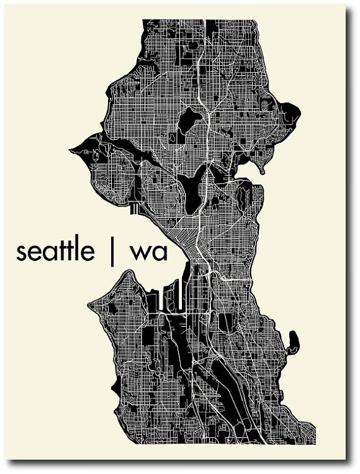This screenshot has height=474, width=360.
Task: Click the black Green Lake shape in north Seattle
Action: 188,120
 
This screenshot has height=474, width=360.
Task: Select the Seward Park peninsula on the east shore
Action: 293,342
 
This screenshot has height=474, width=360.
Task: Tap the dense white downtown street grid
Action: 189,237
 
